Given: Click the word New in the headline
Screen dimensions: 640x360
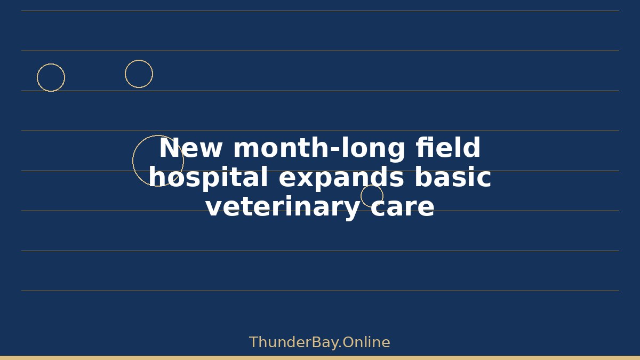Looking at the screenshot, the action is (190, 148).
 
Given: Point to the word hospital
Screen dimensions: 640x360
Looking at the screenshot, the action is (209, 178).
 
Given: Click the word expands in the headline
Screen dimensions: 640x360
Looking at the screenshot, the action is (341, 178).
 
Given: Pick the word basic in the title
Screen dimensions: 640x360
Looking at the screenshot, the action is (453, 177).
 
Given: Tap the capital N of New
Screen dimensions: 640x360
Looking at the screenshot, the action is (171, 148).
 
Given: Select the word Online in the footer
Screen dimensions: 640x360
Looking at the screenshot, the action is (366, 342).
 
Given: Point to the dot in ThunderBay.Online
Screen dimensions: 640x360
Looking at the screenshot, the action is (340, 347).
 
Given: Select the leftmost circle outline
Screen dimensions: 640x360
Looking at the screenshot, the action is (37, 78).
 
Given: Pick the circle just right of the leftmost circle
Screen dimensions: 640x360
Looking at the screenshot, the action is (125, 74).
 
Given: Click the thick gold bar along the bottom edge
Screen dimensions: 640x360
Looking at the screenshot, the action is (320, 358).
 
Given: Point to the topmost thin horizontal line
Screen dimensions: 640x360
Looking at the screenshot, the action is (321, 11).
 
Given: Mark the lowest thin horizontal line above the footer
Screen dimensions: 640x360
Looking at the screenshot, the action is (321, 291).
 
